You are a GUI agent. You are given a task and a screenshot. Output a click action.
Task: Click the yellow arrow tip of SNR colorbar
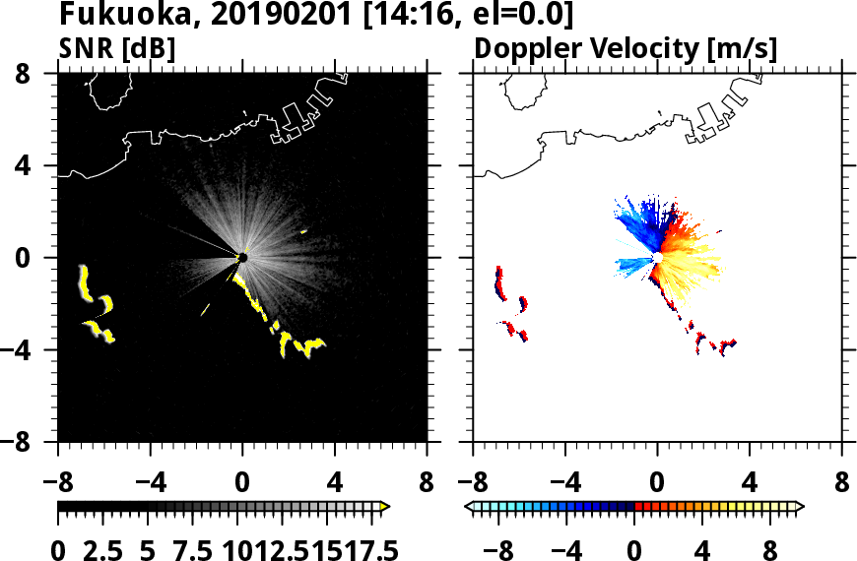tap(385, 506)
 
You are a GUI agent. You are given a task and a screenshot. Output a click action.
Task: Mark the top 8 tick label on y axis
tap(40, 74)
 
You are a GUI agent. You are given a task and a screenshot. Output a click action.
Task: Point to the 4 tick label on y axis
tap(40, 166)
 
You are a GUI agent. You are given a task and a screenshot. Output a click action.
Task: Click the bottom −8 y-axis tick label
tap(32, 443)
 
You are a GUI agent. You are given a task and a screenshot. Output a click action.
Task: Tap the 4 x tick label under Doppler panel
tap(750, 483)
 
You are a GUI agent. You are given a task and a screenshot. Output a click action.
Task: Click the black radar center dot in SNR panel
tap(242, 258)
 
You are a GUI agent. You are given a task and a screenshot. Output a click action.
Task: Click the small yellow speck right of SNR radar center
tap(304, 231)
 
